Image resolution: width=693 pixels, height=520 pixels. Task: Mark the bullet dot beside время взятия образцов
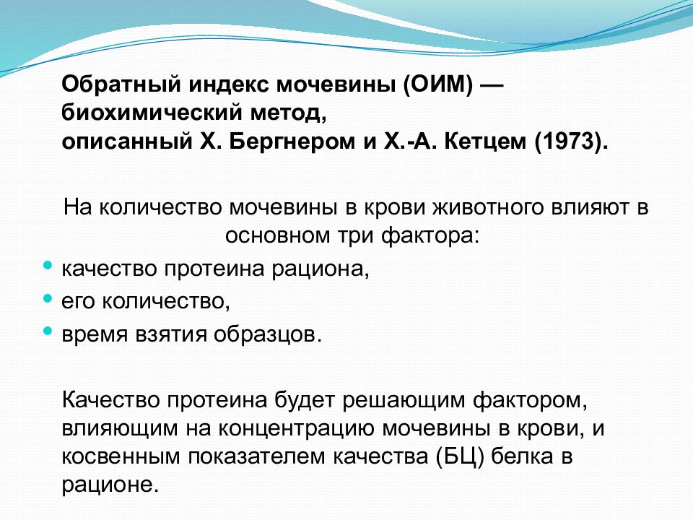[48, 329]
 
